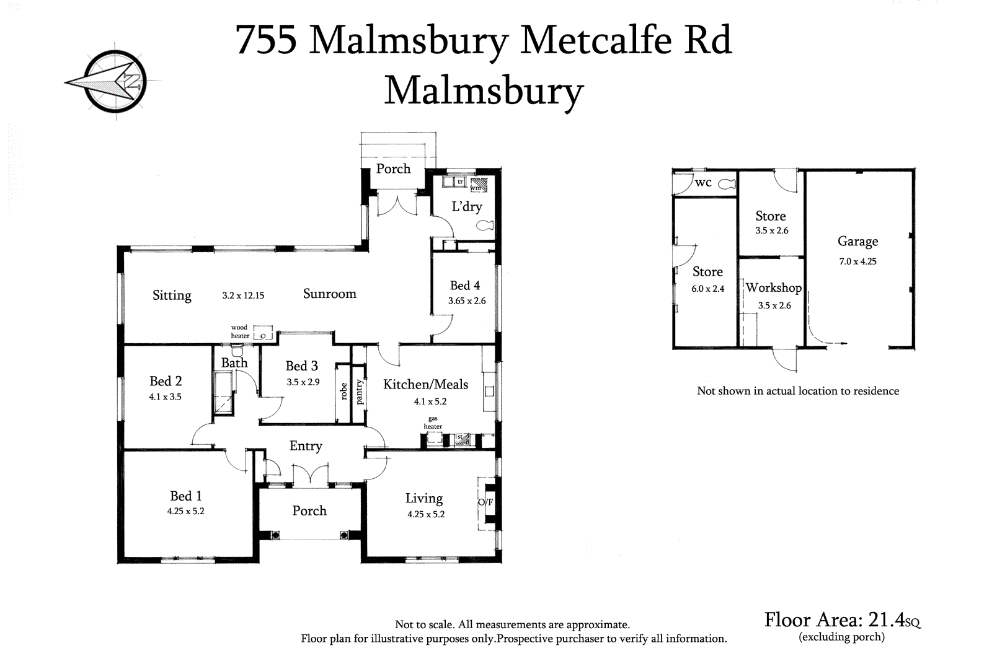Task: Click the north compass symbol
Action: coord(115,82)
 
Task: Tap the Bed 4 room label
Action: coord(465,286)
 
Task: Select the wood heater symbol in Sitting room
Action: coord(263,333)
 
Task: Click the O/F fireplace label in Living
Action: coord(485,502)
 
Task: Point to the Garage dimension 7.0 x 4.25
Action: coord(857,261)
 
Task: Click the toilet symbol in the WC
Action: coord(727,183)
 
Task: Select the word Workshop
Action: coord(773,288)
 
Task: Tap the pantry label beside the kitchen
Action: coord(360,392)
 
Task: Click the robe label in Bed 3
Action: coord(343,392)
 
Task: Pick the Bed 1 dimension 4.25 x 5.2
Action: coord(185,512)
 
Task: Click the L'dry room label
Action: coord(466,207)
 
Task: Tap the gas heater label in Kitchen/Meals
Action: coord(433,422)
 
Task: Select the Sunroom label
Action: coord(329,294)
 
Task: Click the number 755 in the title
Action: coord(266,40)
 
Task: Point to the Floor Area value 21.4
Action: coord(886,619)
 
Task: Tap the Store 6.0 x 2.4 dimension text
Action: coord(707,289)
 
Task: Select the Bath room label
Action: coord(234,363)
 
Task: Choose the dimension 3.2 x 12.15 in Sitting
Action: coord(243,296)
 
